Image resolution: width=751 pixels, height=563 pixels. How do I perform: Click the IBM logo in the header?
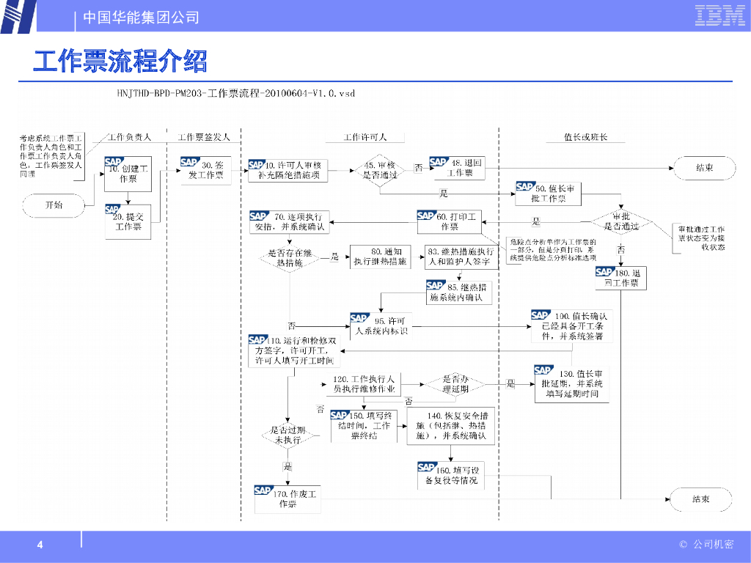(x=719, y=15)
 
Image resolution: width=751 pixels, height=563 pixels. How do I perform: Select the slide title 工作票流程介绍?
(x=120, y=61)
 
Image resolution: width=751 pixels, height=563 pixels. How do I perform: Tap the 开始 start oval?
(x=54, y=205)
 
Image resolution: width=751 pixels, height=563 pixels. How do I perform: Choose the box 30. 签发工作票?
(x=206, y=171)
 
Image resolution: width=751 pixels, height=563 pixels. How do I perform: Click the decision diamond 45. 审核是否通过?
(x=380, y=171)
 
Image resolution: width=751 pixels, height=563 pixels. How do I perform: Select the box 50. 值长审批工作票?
(x=549, y=194)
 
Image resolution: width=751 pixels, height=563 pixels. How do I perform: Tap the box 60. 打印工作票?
(x=449, y=221)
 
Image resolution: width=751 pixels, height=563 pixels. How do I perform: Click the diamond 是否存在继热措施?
(x=290, y=257)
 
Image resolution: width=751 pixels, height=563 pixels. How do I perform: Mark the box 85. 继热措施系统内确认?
(x=459, y=292)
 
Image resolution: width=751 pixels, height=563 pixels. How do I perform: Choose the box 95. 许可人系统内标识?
(x=381, y=326)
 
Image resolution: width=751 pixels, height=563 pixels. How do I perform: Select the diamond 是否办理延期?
(x=455, y=383)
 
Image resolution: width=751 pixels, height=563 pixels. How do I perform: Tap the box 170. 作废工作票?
(x=288, y=499)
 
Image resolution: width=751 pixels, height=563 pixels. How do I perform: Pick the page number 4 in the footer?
(x=40, y=545)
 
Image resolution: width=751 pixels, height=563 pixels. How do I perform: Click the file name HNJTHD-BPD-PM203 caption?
(x=236, y=94)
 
